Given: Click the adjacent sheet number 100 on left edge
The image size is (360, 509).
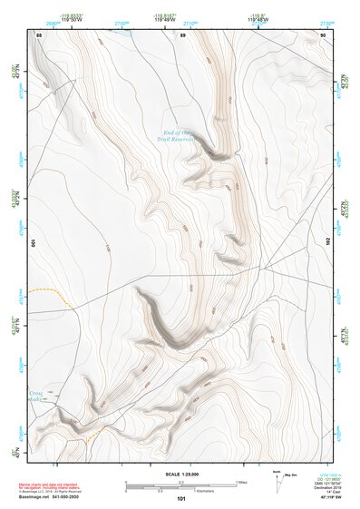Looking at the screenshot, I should (x=31, y=243).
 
